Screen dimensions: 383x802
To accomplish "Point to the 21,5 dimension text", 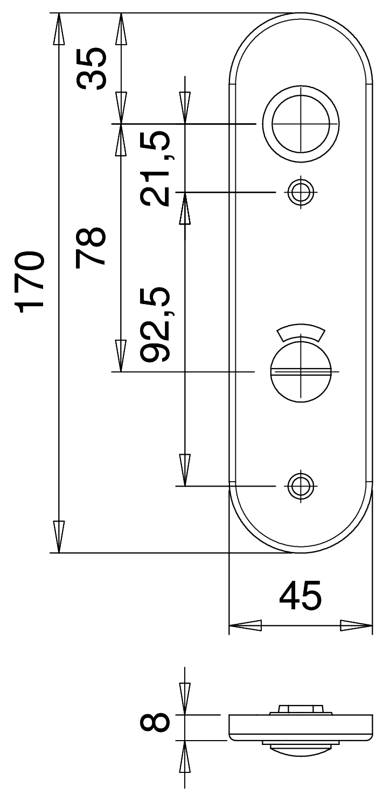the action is point(155,168).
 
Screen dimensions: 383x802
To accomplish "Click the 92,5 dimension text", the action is point(155,324).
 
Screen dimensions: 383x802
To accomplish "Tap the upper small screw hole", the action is point(301,192).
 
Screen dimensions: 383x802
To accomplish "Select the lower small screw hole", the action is point(301,486).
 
